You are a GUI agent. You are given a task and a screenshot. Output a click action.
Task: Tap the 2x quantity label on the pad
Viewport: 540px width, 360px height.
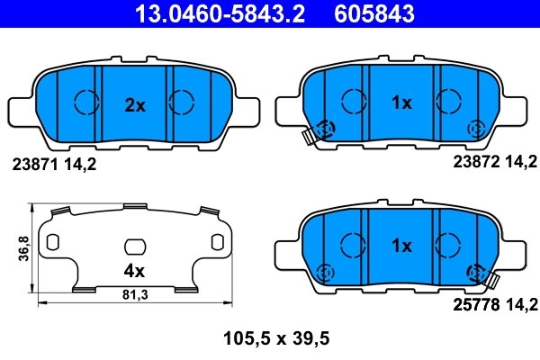point(134,105)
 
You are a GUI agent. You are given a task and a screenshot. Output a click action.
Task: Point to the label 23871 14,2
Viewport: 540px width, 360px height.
point(53,165)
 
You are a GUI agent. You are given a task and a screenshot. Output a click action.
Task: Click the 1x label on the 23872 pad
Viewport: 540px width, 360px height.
point(400,103)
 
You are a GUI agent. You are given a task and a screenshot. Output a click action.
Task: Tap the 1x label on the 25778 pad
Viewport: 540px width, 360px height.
point(400,245)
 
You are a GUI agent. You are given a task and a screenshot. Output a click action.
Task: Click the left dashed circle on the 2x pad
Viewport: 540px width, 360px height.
point(86,103)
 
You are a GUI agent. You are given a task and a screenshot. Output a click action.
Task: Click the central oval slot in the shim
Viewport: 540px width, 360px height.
point(134,246)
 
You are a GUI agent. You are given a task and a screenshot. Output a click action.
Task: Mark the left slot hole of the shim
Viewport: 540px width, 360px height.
point(52,243)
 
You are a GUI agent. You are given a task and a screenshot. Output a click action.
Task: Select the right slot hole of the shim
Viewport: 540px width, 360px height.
point(217,243)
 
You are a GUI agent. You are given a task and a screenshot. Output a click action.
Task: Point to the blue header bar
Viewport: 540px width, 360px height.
point(270,14)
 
